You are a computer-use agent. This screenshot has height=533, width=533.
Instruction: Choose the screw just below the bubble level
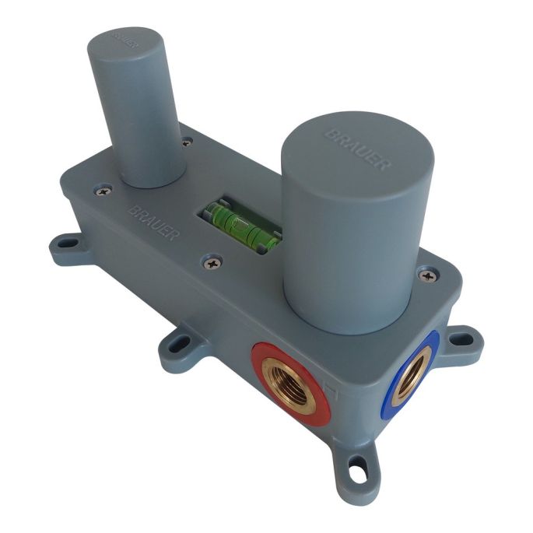click(x=212, y=264)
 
